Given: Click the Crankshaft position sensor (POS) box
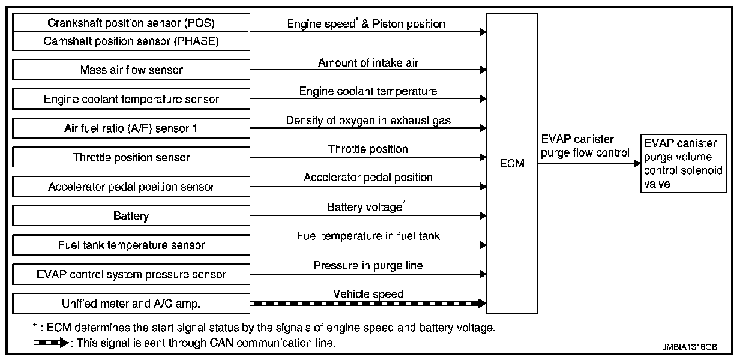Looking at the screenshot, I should click(x=131, y=23).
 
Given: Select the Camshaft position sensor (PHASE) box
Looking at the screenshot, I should click(x=131, y=41).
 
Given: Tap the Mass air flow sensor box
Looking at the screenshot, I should click(x=131, y=70).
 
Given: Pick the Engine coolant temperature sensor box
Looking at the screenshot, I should click(x=131, y=99).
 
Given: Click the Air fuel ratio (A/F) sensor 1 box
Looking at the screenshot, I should click(x=131, y=128).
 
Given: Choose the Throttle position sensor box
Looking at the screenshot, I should click(x=131, y=157).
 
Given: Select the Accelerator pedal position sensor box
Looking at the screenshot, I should click(x=131, y=187).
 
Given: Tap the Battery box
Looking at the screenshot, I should click(x=131, y=215).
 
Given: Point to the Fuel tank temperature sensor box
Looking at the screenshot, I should click(x=131, y=245).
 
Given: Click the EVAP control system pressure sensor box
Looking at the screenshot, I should click(x=131, y=274).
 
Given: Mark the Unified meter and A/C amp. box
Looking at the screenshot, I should click(x=131, y=304).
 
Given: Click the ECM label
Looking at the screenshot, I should click(x=511, y=164).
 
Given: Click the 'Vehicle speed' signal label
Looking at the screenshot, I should click(x=368, y=294).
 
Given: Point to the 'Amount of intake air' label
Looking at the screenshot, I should click(x=368, y=62).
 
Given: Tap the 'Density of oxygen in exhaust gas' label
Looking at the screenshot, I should click(x=368, y=121).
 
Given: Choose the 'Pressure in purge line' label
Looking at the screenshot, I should click(x=368, y=265).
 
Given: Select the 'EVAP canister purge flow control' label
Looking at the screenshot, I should click(x=585, y=146).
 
